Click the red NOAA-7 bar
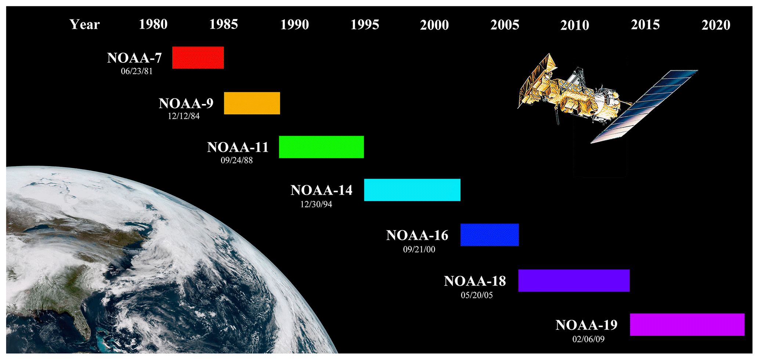(x=198, y=58)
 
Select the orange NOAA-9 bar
(x=252, y=103)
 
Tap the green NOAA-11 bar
(x=321, y=147)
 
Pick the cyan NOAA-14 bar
(x=412, y=190)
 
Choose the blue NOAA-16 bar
(x=489, y=235)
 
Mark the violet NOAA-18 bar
(x=574, y=281)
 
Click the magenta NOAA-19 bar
(x=687, y=325)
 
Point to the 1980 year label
(x=153, y=25)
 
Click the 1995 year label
(x=365, y=25)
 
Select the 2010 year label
(x=575, y=25)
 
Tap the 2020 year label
(x=716, y=25)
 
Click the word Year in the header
(x=85, y=25)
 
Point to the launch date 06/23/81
(x=137, y=71)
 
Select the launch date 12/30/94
(x=316, y=204)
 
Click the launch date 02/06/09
(x=588, y=339)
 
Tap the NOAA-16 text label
(x=417, y=235)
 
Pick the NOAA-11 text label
(x=238, y=147)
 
